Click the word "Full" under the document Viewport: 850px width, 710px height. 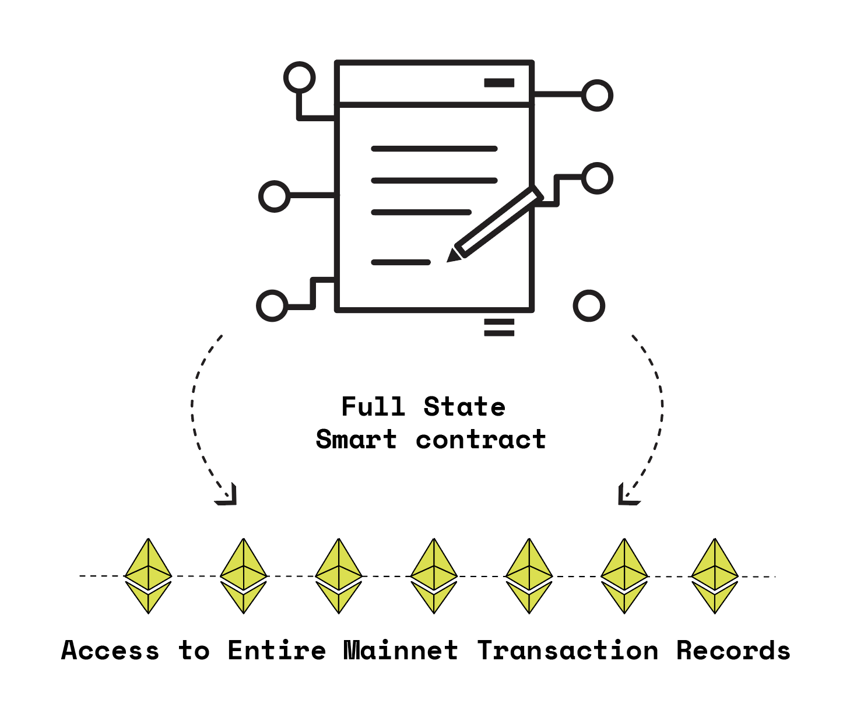373,407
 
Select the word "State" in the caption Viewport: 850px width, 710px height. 464,407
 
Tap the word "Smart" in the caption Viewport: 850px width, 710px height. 356,440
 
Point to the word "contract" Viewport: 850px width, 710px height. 481,440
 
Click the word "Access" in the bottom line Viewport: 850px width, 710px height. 110,651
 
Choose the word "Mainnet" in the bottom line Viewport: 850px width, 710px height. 401,651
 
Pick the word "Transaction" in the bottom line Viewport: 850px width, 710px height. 568,651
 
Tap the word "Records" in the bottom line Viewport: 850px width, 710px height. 733,651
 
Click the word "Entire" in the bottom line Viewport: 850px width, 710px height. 277,651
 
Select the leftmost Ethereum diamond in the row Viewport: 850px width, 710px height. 148,576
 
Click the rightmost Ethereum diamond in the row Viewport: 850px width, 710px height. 715,576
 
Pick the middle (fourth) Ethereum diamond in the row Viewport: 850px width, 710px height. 434,576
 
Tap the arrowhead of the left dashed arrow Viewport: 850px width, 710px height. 229,497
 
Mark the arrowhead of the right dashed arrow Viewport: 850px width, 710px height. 626,497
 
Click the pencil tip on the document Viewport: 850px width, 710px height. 451,257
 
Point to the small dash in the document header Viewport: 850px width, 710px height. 499,83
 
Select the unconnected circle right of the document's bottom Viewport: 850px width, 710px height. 589,306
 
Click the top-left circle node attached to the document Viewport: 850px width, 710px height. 299,78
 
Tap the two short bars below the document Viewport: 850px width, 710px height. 499,327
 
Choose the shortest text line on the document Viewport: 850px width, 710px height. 401,262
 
